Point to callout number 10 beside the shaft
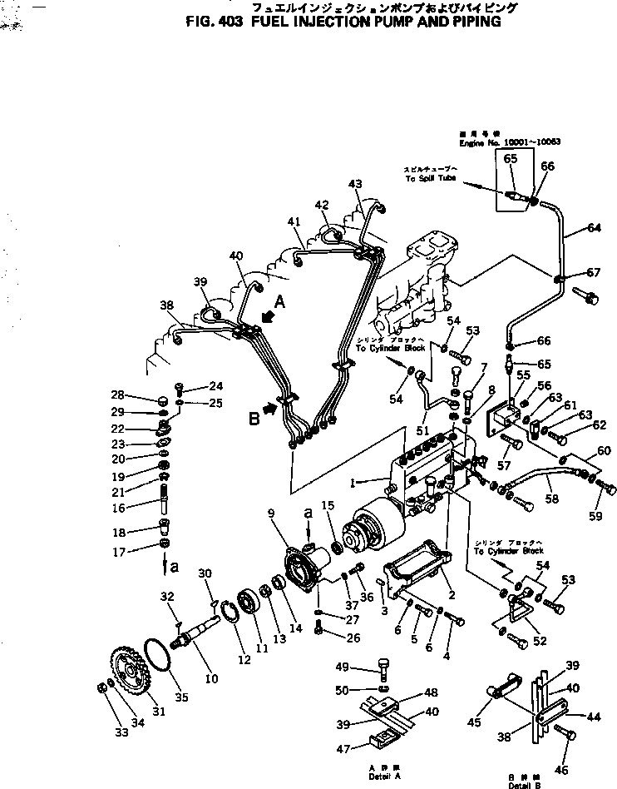[211, 679]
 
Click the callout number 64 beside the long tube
[594, 227]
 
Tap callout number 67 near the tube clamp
[593, 272]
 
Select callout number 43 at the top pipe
[355, 183]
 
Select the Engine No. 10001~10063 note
[510, 142]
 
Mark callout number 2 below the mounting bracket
[451, 595]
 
